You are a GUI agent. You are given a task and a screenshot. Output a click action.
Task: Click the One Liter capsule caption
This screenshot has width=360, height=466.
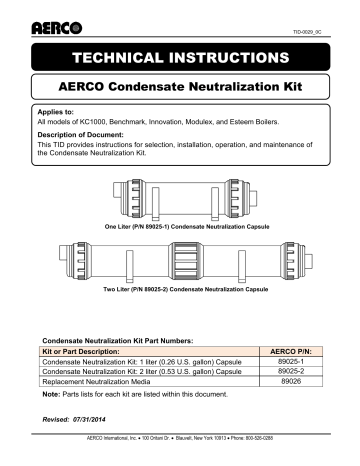pyautogui.click(x=179, y=228)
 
